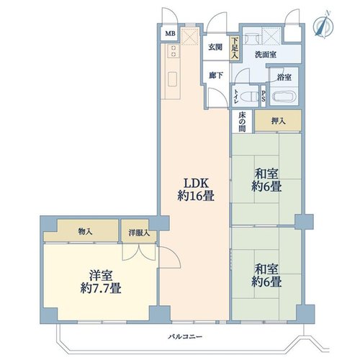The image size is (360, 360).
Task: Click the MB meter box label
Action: pyautogui.click(x=171, y=33)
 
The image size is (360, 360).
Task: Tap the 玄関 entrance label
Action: pyautogui.click(x=215, y=47)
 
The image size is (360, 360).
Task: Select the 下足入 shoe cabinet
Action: pyautogui.click(x=235, y=48)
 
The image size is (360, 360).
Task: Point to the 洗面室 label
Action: pyautogui.click(x=266, y=55)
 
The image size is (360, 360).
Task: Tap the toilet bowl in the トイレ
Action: pyautogui.click(x=249, y=96)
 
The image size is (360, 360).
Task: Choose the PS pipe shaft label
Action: pyautogui.click(x=264, y=96)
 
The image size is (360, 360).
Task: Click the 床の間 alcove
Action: pyautogui.click(x=242, y=122)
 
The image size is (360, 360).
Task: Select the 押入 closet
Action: pyautogui.click(x=278, y=121)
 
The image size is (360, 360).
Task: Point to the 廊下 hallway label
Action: pyautogui.click(x=216, y=76)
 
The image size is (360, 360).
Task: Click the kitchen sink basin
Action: pyautogui.click(x=173, y=79)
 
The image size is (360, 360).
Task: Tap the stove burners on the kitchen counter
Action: pyautogui.click(x=174, y=51)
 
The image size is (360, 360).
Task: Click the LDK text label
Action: pyautogui.click(x=196, y=184)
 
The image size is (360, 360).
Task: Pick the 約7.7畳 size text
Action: pyautogui.click(x=101, y=288)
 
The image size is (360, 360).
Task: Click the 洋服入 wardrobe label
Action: pyautogui.click(x=139, y=233)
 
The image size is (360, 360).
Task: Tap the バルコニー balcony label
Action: pyautogui.click(x=185, y=337)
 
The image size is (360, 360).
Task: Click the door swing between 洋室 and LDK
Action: pyautogui.click(x=170, y=257)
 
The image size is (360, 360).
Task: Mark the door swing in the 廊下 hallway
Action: pyautogui.click(x=217, y=98)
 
